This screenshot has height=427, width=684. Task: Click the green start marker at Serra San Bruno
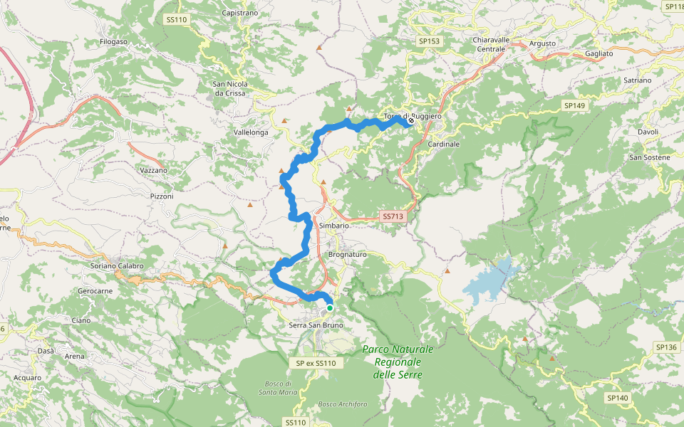(329, 308)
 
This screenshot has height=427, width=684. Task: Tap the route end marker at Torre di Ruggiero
(411, 121)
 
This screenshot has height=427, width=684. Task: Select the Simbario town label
(334, 226)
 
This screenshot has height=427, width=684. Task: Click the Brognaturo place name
(347, 254)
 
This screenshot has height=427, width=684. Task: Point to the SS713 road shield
(393, 216)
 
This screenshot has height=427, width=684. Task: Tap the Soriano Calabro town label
(118, 266)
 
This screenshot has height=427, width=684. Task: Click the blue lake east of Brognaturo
(492, 280)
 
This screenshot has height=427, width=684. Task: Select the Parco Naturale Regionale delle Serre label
(398, 362)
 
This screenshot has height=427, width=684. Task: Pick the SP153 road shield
(430, 41)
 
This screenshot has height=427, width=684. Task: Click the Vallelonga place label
(252, 133)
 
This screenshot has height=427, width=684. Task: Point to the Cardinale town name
(444, 144)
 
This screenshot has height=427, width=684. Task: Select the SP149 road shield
(574, 105)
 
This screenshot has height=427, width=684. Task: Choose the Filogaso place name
(114, 42)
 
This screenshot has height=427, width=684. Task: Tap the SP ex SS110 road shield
(315, 364)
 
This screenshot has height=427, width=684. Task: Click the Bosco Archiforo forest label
(342, 404)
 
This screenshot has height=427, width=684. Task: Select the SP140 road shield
(617, 398)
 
